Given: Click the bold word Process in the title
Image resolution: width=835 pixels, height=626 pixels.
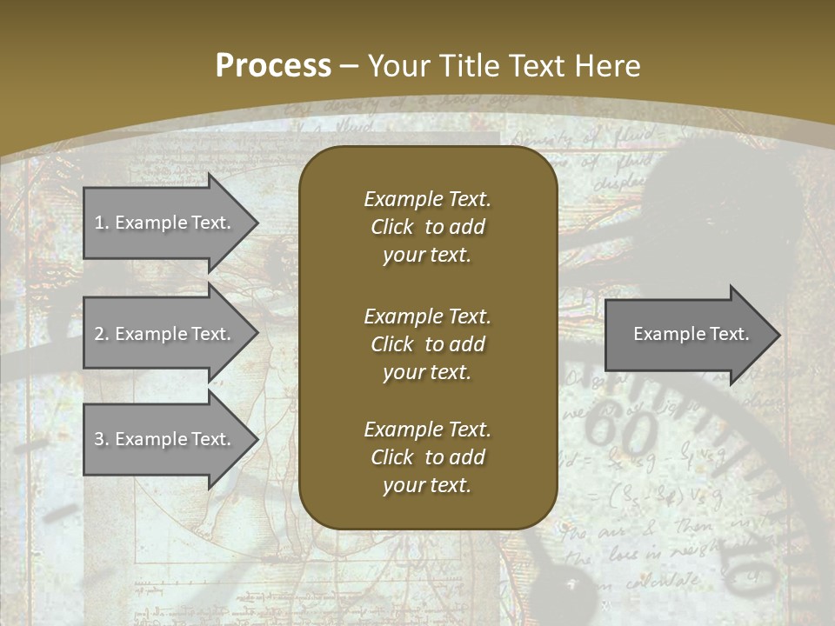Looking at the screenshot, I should [x=273, y=65].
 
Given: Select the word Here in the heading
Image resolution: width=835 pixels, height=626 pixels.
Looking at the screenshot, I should [x=609, y=65].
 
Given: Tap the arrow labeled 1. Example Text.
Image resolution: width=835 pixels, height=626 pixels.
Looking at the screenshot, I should [x=163, y=223].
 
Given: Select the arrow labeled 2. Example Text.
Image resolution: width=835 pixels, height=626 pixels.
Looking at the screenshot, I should [x=163, y=334].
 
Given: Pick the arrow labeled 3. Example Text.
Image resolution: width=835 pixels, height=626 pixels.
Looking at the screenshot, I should [x=163, y=439].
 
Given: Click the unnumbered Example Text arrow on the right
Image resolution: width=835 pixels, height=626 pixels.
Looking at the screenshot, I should [x=691, y=334].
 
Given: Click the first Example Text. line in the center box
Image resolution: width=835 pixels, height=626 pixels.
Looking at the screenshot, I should [x=427, y=199].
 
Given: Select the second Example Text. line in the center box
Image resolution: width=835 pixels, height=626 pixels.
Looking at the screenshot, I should [x=427, y=316].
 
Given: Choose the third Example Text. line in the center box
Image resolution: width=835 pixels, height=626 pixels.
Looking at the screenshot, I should [x=427, y=430].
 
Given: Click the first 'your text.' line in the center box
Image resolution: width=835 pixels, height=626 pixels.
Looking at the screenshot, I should [x=427, y=256].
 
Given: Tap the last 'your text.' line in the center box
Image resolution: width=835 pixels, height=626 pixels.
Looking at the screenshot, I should [x=427, y=486].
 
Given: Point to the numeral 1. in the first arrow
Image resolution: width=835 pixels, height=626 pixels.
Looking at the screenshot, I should [x=102, y=223].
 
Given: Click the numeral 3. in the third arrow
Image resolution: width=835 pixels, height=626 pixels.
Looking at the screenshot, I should [x=102, y=439].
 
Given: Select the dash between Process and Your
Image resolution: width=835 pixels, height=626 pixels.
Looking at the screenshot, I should [x=350, y=66].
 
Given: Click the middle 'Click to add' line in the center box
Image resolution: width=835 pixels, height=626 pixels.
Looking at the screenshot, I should [x=427, y=344].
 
